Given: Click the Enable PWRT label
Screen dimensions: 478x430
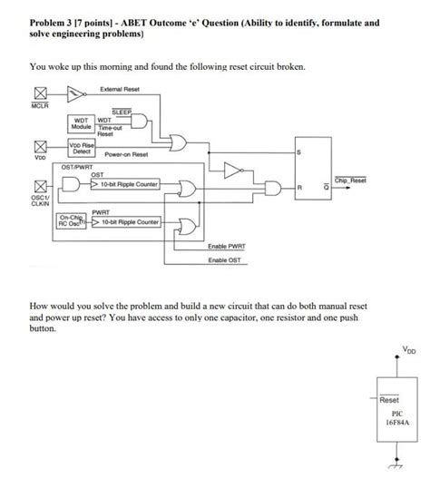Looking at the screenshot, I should [225, 247].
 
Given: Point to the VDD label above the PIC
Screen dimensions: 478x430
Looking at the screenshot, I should [406, 349].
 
